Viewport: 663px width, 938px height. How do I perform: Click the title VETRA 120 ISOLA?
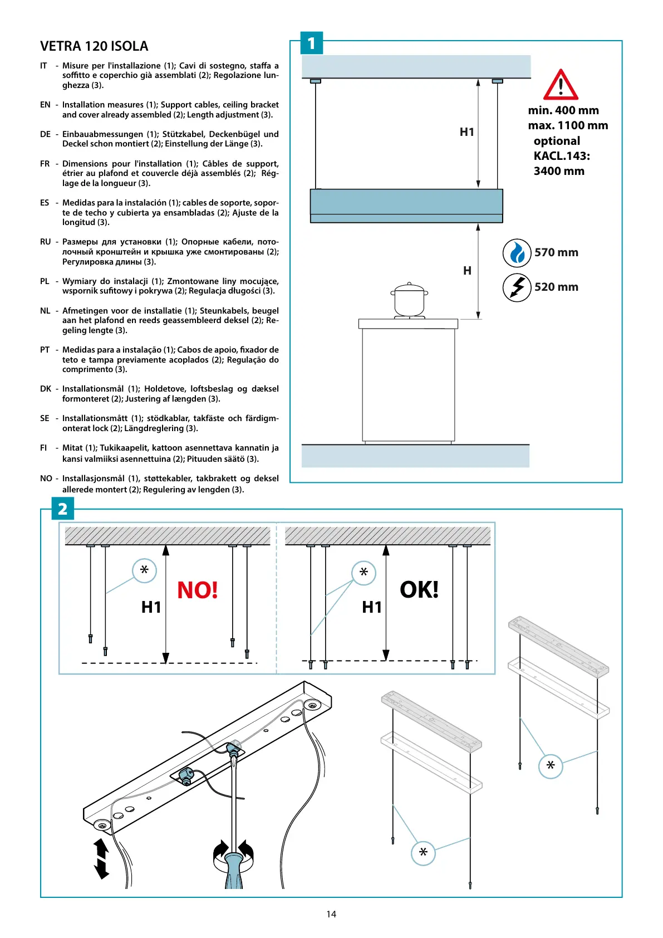point(94,46)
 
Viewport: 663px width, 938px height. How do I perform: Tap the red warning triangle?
point(560,85)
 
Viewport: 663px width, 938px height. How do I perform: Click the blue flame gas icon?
point(517,253)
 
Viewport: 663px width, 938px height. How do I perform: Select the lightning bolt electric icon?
point(517,287)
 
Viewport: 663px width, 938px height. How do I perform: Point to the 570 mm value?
point(556,252)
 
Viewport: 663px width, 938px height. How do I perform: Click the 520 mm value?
point(556,287)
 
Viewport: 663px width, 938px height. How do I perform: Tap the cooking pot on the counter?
point(409,301)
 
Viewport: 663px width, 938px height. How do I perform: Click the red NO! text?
point(197,590)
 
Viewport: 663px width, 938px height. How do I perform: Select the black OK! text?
point(419,589)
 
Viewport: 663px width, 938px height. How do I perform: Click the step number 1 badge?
point(311,43)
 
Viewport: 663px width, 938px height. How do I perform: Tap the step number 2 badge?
point(62,509)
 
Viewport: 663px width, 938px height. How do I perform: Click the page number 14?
point(331,914)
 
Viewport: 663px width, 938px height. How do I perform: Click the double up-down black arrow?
point(101,858)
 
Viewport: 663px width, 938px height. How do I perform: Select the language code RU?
point(45,242)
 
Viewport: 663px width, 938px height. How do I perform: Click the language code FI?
point(43,448)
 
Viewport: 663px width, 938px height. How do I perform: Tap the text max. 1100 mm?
point(568,125)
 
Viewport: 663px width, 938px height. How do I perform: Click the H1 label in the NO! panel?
point(151,607)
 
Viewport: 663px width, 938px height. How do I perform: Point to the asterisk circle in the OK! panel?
point(364,573)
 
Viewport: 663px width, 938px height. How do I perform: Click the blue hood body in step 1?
point(406,205)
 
